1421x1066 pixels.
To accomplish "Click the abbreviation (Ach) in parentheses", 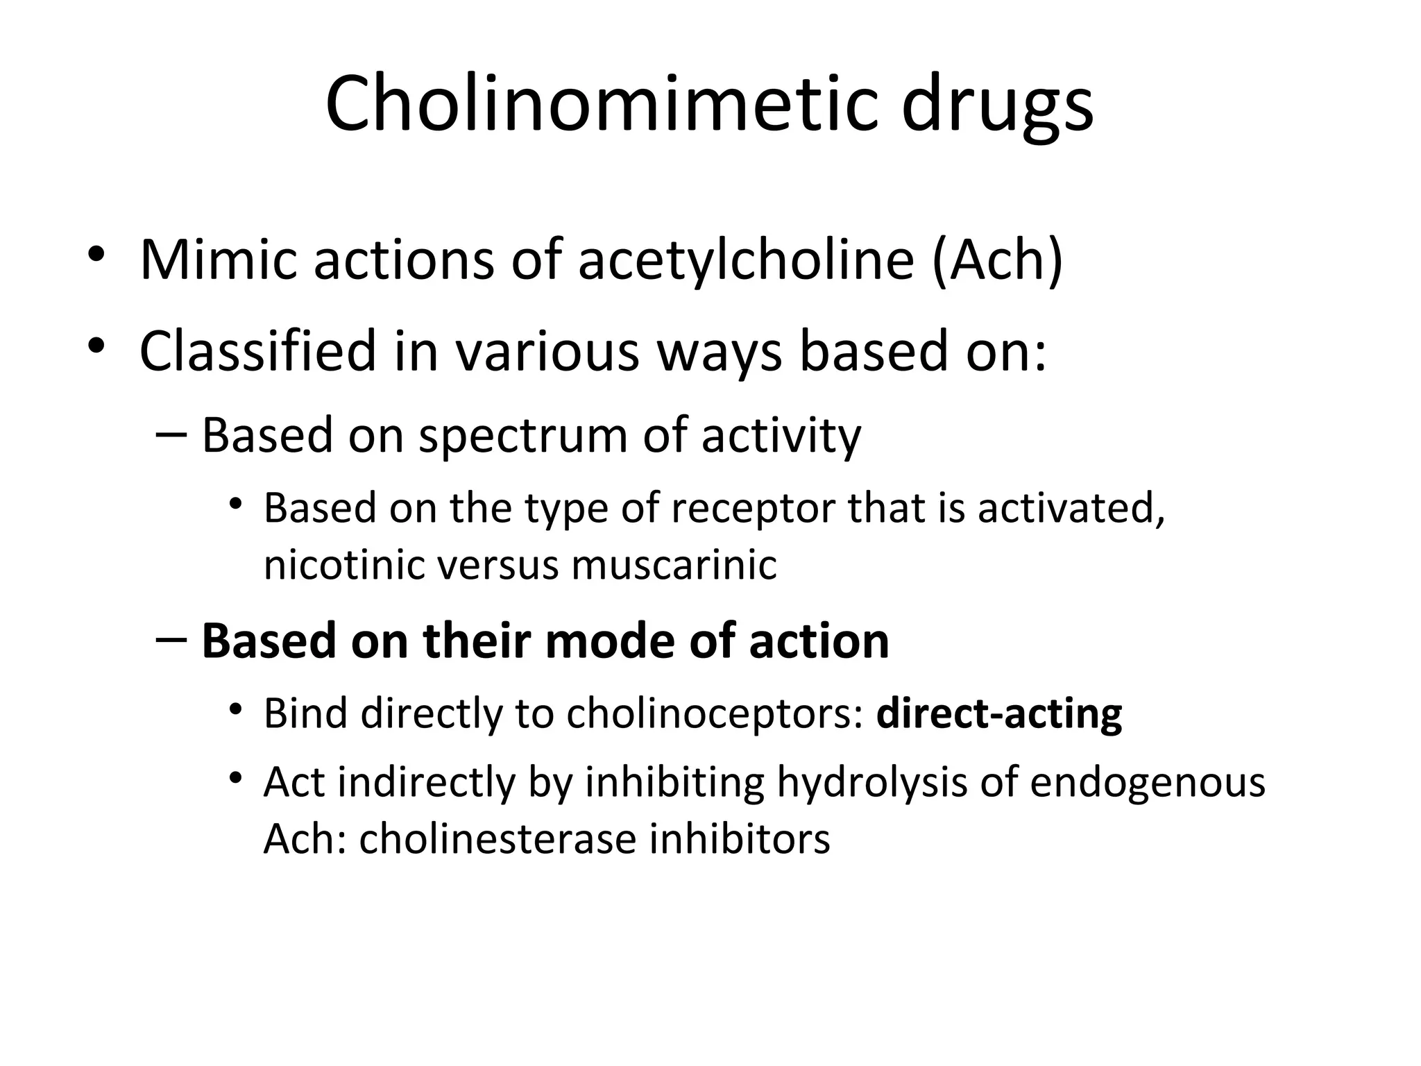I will pyautogui.click(x=998, y=260).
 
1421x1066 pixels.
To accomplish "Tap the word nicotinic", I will pyautogui.click(x=344, y=564).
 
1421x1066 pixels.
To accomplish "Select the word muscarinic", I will pyautogui.click(x=674, y=564).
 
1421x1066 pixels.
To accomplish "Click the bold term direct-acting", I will pyautogui.click(x=999, y=713).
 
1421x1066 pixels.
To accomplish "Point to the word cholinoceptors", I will pyautogui.click(x=714, y=713).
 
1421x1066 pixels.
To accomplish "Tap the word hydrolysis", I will pyautogui.click(x=871, y=783).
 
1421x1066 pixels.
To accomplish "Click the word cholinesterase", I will pyautogui.click(x=497, y=839).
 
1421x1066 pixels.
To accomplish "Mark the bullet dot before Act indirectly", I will pyautogui.click(x=236, y=777).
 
